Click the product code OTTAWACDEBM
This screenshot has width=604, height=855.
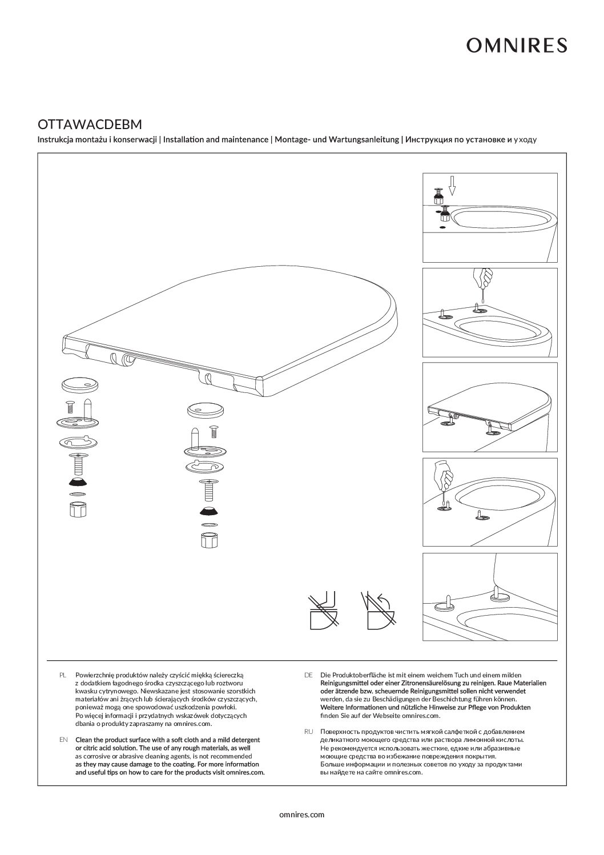click(x=90, y=124)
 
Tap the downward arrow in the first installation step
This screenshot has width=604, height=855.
click(x=452, y=185)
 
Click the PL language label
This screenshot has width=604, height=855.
click(x=63, y=675)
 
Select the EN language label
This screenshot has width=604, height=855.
click(x=63, y=740)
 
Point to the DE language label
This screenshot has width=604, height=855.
click(x=308, y=675)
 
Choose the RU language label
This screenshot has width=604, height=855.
click(x=308, y=731)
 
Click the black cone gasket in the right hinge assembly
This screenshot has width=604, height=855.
click(x=208, y=510)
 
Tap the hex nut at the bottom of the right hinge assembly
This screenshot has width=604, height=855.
click(x=208, y=540)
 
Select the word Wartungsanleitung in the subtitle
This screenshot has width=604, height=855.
click(x=364, y=139)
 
